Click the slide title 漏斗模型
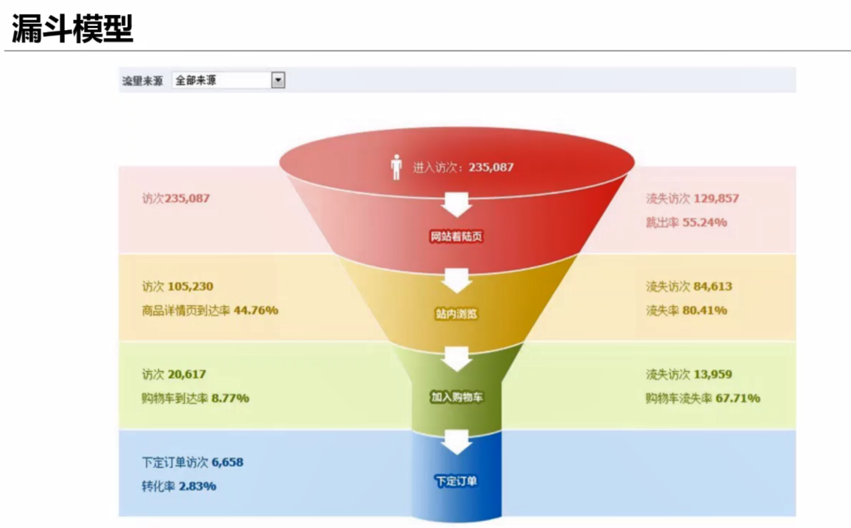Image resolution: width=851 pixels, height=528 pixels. click(72, 29)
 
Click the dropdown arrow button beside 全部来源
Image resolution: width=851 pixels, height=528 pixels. click(278, 80)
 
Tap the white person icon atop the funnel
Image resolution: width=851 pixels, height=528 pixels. click(396, 167)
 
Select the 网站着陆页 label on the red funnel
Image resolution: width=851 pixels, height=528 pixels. click(456, 236)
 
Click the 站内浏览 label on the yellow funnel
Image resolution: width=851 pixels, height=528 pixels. click(456, 314)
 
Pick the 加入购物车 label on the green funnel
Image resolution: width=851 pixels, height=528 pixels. click(456, 397)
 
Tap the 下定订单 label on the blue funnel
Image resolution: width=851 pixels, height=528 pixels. click(456, 481)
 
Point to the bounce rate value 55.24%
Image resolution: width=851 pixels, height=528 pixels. click(704, 222)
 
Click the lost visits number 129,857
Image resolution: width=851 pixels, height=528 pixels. click(716, 198)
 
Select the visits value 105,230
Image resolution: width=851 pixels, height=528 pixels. click(190, 286)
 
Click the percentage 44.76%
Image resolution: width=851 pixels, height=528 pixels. click(256, 310)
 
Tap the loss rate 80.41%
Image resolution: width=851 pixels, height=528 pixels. click(704, 310)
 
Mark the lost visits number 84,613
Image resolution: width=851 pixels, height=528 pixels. click(713, 286)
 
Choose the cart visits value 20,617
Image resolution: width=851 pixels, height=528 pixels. click(187, 374)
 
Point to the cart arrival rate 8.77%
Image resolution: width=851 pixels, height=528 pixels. click(230, 398)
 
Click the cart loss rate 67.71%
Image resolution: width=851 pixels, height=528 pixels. click(738, 398)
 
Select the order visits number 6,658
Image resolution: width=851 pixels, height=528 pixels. click(227, 462)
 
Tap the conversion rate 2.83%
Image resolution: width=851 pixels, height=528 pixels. click(197, 486)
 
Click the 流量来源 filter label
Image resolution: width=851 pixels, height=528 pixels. click(142, 81)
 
